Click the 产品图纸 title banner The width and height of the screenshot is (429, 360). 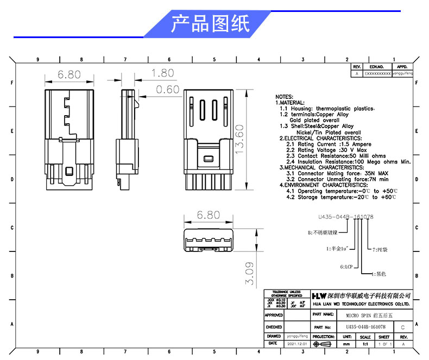pos(210,24)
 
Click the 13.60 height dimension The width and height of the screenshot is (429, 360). pos(239,140)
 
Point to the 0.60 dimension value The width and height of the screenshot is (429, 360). pos(167,90)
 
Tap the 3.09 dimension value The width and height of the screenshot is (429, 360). pos(249,274)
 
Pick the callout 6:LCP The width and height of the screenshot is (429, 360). pos(346,267)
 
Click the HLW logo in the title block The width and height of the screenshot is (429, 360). pos(319,295)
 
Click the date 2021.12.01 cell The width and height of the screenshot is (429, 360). pos(297,344)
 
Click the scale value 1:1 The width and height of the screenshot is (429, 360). pos(365,344)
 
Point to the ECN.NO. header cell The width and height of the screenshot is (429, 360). pos(376,67)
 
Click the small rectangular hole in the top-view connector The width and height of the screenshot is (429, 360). pos(207,159)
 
